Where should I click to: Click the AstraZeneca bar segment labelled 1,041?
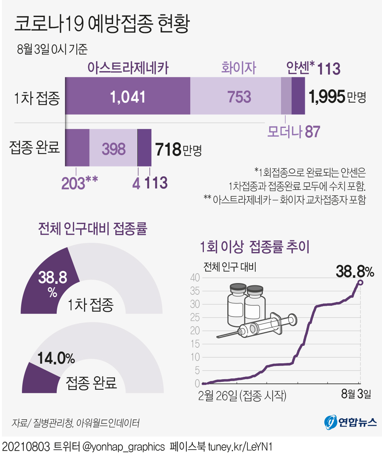click(x=127, y=97)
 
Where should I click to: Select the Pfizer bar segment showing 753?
click(x=239, y=97)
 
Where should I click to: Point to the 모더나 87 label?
click(x=293, y=132)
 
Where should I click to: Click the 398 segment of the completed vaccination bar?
click(x=113, y=149)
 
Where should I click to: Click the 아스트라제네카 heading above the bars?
click(x=128, y=68)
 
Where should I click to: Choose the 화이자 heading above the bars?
click(x=239, y=68)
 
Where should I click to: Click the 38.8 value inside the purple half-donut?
click(x=53, y=277)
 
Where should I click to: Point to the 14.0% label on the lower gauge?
click(x=56, y=358)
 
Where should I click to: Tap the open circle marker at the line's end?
click(x=360, y=282)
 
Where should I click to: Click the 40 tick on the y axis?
click(x=195, y=278)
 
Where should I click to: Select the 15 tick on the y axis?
click(x=195, y=344)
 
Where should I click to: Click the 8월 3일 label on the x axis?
click(x=356, y=394)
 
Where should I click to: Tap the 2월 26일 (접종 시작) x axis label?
click(x=242, y=395)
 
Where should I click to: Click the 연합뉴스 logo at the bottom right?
click(x=350, y=422)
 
